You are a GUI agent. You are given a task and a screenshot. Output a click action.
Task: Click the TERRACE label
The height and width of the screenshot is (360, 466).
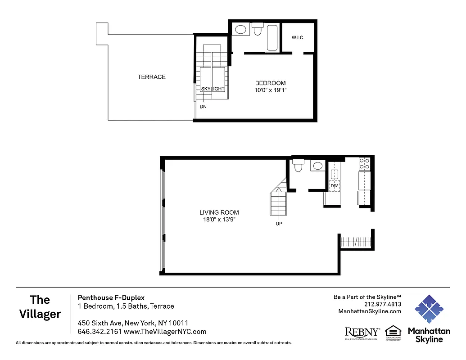151,77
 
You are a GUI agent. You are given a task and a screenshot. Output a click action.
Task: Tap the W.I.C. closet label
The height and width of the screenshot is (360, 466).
298,37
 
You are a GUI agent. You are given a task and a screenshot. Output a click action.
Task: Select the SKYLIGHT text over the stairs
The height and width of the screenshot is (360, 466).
213,89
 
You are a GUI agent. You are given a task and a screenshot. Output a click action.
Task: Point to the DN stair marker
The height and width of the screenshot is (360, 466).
203,107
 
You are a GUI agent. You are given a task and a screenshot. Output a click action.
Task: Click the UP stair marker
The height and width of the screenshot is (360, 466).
279,224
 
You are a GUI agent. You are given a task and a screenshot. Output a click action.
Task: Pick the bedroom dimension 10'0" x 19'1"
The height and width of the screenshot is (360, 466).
270,90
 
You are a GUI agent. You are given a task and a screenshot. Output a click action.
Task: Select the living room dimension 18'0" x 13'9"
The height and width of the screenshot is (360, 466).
219,220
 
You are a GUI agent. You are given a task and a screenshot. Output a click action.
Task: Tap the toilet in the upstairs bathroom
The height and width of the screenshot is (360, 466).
258,30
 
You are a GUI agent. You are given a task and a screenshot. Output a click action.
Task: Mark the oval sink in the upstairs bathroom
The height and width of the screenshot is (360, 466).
241,30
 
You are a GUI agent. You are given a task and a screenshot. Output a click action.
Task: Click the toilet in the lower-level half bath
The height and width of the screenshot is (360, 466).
298,166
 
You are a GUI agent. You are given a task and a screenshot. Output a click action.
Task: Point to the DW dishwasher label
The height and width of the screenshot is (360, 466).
334,185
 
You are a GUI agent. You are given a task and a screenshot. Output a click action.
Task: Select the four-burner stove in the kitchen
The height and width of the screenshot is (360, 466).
364,163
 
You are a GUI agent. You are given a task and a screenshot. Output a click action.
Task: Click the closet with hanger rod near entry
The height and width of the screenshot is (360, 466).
356,242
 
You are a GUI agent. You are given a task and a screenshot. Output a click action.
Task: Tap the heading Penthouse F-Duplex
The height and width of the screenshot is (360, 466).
111,297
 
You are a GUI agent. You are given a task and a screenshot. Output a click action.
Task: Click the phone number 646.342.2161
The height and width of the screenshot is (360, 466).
96,332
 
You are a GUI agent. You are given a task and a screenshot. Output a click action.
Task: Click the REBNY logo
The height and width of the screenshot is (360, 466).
362,332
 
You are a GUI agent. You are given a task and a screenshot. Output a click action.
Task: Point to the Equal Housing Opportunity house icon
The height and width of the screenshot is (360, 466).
393,331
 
